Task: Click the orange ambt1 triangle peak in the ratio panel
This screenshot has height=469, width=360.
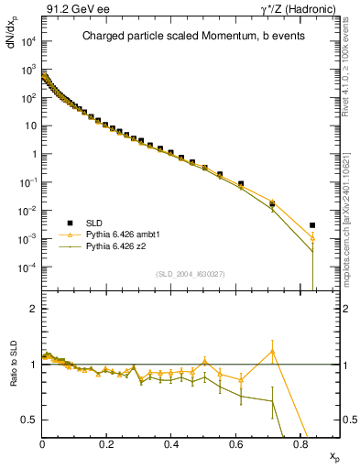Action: point(272,351)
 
